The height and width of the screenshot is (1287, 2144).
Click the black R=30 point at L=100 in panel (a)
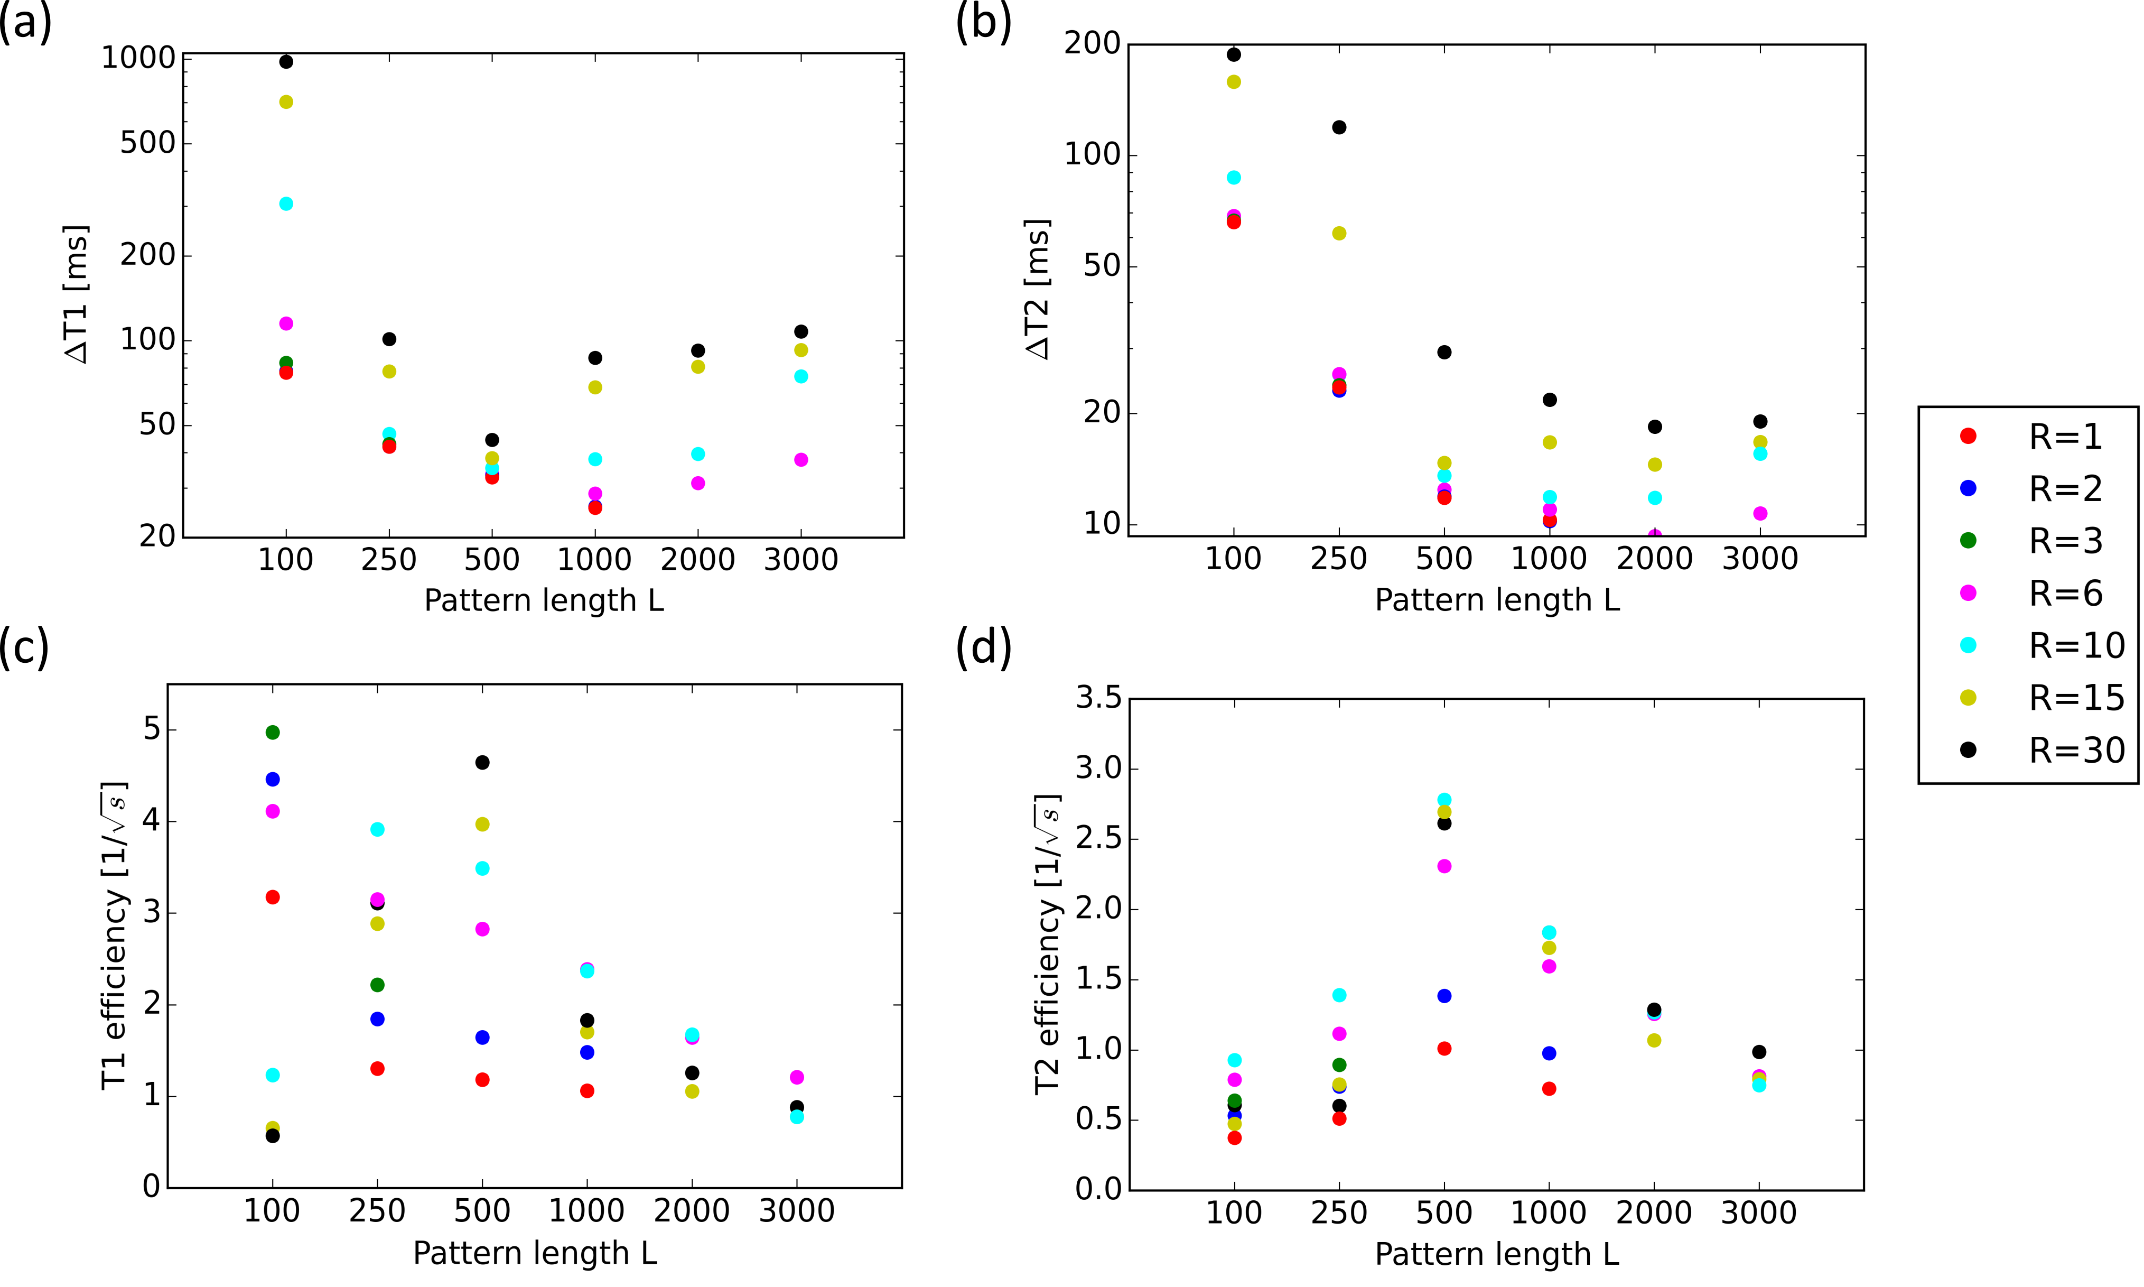coord(286,61)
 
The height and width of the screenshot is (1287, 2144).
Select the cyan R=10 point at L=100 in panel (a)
coord(286,204)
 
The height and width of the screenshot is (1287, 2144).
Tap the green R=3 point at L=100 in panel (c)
coord(272,733)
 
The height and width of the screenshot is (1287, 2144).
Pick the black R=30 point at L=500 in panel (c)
coord(483,762)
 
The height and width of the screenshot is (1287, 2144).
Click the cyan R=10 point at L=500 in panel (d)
coord(1444,800)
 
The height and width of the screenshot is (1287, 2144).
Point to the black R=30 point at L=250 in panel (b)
coord(1339,127)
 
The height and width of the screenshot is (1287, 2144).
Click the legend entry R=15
coord(2076,697)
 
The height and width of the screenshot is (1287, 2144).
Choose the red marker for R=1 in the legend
coord(1969,436)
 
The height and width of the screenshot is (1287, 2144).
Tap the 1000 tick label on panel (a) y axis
coord(139,58)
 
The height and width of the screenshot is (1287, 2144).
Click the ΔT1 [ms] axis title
coord(76,295)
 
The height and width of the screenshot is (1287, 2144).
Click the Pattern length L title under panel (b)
coord(1497,600)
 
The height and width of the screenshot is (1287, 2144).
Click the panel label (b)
coord(983,22)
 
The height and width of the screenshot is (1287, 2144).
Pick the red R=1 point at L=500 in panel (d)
coord(1444,1049)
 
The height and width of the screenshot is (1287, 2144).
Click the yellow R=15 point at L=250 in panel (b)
coord(1339,233)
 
